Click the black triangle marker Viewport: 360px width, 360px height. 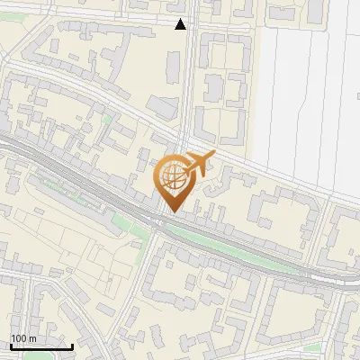point(181,24)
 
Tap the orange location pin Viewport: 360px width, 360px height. point(172,184)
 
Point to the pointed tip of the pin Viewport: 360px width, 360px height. point(172,211)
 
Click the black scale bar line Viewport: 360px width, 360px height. point(41,346)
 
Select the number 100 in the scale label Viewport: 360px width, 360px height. point(19,338)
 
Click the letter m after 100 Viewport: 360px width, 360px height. point(31,338)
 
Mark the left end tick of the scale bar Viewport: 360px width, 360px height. point(11,345)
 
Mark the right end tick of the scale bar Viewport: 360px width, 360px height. point(72,345)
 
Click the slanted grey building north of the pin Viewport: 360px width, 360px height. point(162,108)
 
